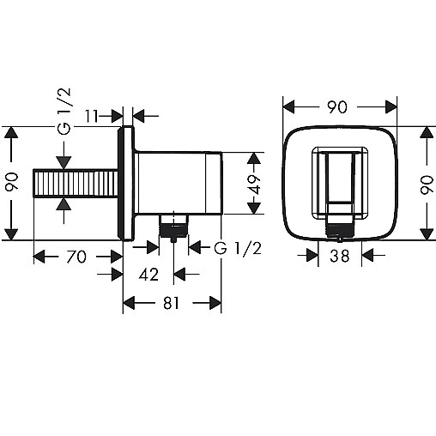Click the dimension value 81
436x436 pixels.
pos(171,303)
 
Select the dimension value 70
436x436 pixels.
pos(76,257)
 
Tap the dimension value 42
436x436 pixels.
pos(148,275)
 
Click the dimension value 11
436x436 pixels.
pos(91,116)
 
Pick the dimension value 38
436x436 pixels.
pos(340,256)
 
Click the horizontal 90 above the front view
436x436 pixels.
pos(337,107)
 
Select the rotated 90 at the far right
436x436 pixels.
pos(427,185)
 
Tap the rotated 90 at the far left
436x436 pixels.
pos(12,182)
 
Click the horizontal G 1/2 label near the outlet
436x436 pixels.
pos(238,248)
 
